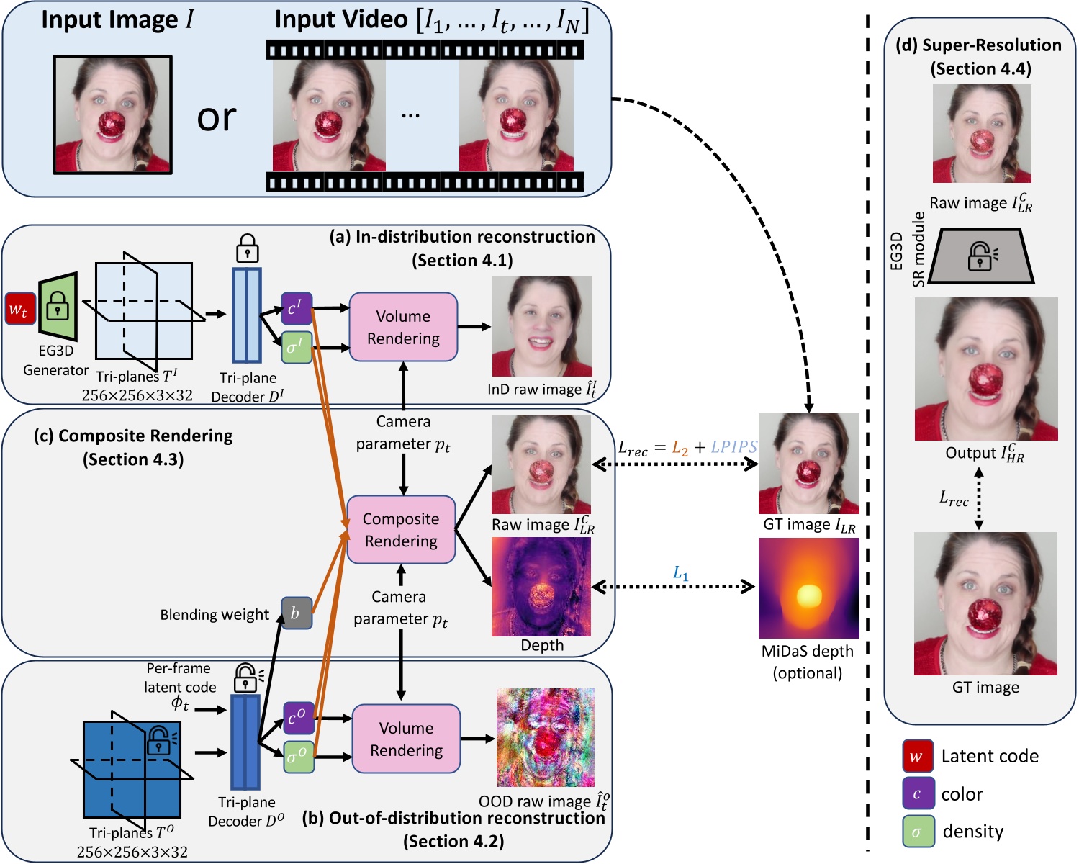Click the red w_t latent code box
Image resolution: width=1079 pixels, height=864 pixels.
20,308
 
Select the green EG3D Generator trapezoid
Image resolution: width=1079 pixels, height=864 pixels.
58,307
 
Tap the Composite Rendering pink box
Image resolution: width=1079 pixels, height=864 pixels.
401,529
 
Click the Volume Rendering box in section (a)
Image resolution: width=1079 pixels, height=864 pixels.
403,327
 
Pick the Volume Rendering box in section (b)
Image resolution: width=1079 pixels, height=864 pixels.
406,739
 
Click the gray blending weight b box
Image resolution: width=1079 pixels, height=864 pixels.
297,613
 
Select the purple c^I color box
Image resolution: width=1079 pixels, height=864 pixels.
297,308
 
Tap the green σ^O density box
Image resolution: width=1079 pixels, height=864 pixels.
299,757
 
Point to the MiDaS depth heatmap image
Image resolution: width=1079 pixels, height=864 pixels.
809,588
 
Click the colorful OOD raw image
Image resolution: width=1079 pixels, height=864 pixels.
546,737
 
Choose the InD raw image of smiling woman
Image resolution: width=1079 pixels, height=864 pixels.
542,326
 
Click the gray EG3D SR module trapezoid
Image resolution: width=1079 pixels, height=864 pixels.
980,256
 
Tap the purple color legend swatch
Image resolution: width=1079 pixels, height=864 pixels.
918,793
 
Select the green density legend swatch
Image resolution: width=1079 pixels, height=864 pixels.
918,832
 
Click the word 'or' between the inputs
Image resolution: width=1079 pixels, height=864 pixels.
217,118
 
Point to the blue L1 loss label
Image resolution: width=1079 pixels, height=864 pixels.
680,572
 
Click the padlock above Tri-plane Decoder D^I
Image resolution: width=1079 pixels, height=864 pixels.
247,248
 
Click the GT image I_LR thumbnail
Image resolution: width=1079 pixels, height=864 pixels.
809,464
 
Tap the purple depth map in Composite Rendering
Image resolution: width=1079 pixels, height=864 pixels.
541,587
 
